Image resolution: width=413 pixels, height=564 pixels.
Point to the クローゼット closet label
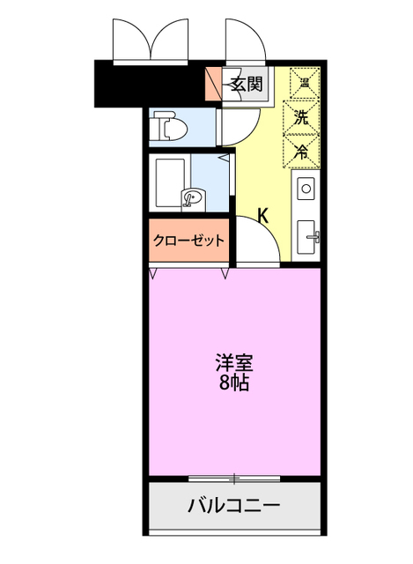(x=189, y=240)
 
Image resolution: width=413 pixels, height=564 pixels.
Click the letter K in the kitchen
(x=262, y=214)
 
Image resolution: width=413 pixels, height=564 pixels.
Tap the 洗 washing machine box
(x=300, y=115)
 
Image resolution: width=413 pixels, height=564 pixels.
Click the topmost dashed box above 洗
(x=300, y=82)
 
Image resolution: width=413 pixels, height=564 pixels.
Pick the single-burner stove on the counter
(x=306, y=188)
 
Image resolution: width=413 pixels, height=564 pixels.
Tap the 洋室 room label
(x=232, y=362)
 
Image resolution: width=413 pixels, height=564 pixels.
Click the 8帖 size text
(x=232, y=382)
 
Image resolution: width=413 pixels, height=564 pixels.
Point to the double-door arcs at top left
(x=151, y=40)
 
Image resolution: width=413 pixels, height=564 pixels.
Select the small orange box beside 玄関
(x=212, y=85)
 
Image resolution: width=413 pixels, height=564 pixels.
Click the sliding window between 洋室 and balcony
(x=234, y=479)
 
